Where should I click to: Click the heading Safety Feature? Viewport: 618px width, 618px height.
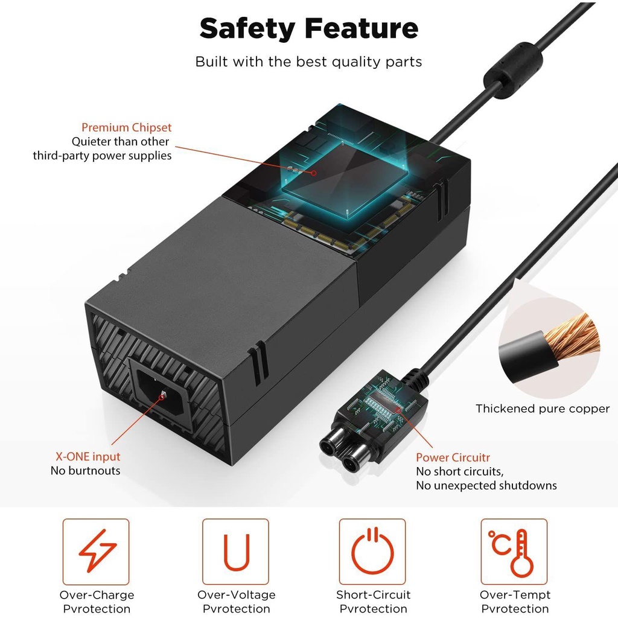pos(308,28)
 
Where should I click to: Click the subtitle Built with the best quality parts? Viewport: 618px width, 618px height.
pos(308,62)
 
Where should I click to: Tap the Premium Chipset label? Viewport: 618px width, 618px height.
pos(126,127)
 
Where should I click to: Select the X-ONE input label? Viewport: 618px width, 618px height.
pos(85,457)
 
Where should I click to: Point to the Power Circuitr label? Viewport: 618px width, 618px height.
pos(453,457)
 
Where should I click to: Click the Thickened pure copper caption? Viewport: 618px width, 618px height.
pos(543,409)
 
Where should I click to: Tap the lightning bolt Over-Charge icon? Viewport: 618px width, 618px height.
pos(96,552)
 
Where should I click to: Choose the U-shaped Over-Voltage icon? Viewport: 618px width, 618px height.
pos(235,552)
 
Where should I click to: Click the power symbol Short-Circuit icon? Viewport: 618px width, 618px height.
pos(372,552)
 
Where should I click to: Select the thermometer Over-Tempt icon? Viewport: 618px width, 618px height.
pos(514,552)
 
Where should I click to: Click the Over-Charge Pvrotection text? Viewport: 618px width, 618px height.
pos(97,602)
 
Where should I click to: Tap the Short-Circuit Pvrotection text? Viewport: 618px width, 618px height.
pos(373,602)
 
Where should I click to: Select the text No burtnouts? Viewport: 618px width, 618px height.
pos(85,471)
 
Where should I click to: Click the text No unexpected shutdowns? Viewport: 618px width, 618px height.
pos(486,485)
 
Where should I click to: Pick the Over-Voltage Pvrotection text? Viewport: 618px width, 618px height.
pos(236,602)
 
